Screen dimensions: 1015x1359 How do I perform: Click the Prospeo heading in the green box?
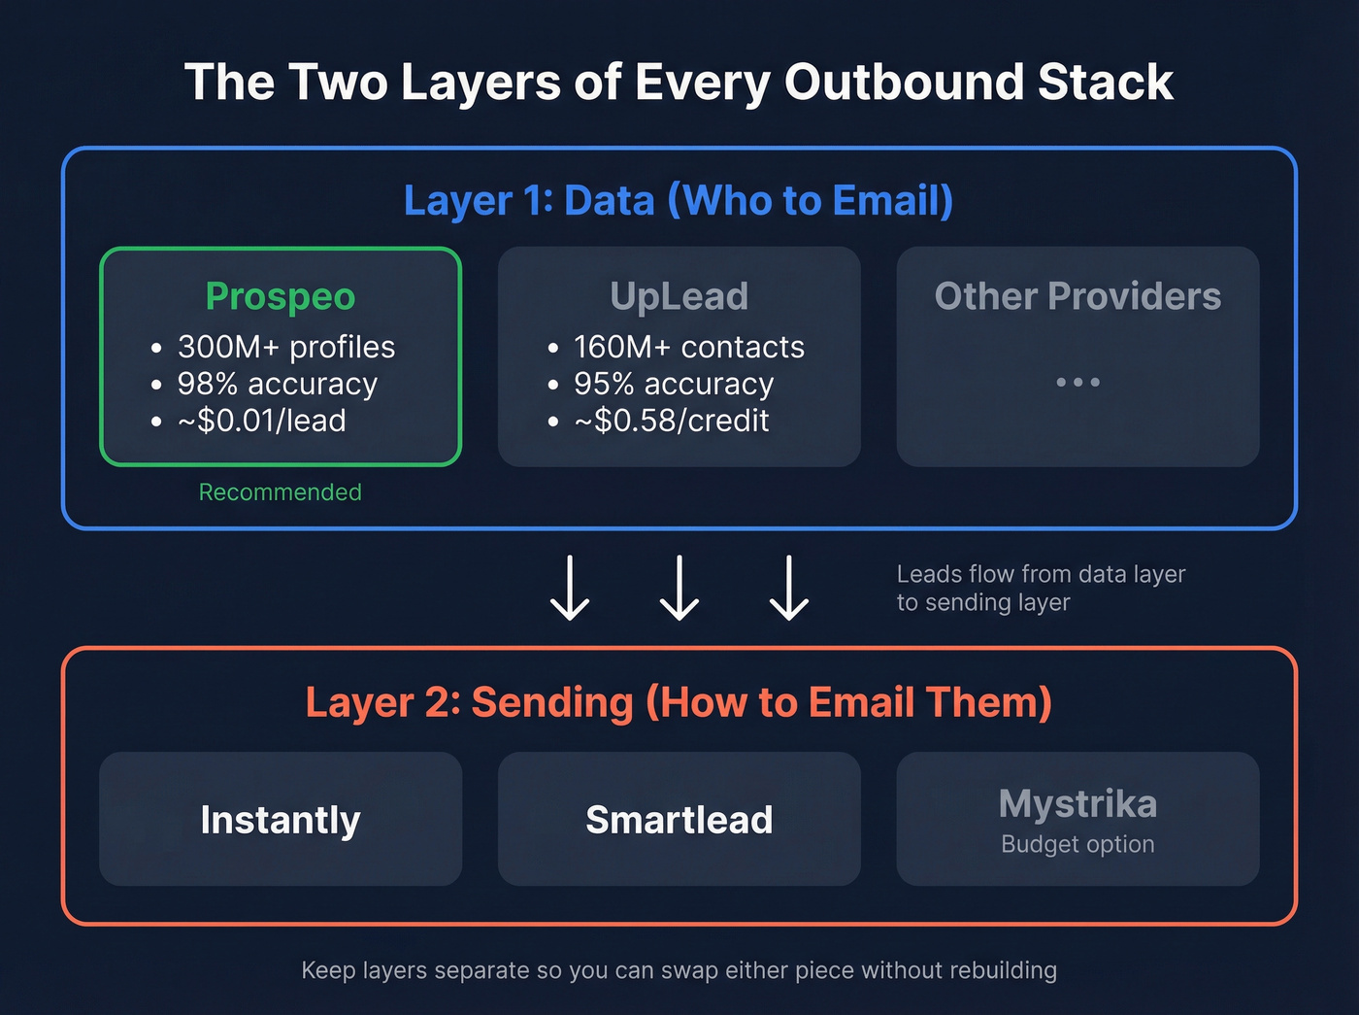coord(281,296)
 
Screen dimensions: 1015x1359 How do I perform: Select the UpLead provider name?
coord(679,296)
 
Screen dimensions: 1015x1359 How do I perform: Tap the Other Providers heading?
coord(1077,296)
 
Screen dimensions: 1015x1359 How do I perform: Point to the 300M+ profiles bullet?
coord(285,347)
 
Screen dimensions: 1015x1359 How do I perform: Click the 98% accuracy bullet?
coord(277,384)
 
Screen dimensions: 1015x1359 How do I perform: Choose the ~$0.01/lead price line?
coord(261,421)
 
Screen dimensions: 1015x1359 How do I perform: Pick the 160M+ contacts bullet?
coord(688,347)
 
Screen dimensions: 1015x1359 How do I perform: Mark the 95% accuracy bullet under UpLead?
coord(673,384)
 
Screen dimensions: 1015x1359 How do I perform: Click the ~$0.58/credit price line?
coord(671,421)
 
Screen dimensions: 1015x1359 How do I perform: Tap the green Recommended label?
coord(280,492)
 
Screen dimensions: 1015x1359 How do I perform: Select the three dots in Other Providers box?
coord(1077,383)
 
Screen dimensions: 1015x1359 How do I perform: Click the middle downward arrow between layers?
coord(679,588)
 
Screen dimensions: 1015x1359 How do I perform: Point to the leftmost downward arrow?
coord(570,588)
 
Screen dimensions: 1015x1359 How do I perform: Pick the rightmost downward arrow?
coord(789,588)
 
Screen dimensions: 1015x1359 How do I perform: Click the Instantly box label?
coord(281,820)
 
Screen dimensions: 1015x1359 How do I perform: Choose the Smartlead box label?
coord(679,820)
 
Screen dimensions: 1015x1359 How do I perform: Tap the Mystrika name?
coord(1077,804)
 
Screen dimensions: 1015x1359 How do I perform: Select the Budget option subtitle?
coord(1077,844)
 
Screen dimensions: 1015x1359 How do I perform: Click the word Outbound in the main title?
coord(904,82)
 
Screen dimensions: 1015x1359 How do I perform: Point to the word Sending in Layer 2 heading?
coord(551,702)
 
